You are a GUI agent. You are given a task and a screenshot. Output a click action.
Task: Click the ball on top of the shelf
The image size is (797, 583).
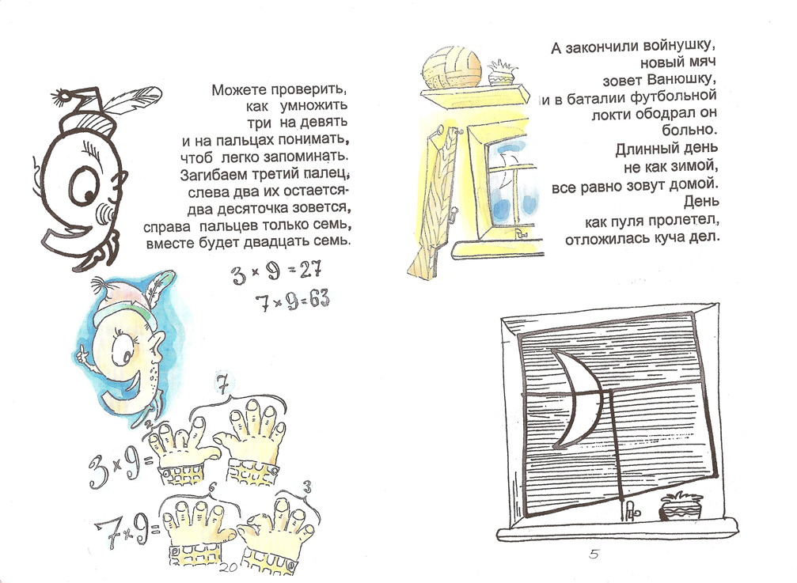click(x=452, y=68)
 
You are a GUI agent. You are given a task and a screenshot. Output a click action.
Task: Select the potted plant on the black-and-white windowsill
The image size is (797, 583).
click(x=681, y=505)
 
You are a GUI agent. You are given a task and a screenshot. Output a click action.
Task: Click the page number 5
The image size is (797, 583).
click(x=594, y=554)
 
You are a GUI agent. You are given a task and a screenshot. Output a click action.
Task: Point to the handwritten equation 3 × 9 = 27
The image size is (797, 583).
click(x=276, y=273)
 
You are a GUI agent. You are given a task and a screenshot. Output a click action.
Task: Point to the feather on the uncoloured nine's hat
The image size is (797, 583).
click(x=132, y=103)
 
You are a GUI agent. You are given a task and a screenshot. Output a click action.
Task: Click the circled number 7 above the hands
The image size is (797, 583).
click(x=222, y=384)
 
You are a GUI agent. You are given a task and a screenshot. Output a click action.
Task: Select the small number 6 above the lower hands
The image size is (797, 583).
click(x=212, y=487)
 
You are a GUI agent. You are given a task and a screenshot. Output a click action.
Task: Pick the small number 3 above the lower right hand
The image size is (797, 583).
click(x=306, y=488)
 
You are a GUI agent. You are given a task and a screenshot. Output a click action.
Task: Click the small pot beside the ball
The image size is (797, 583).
click(x=502, y=73)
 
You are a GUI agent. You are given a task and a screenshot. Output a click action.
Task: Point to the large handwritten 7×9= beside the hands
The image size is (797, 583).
click(x=127, y=530)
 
